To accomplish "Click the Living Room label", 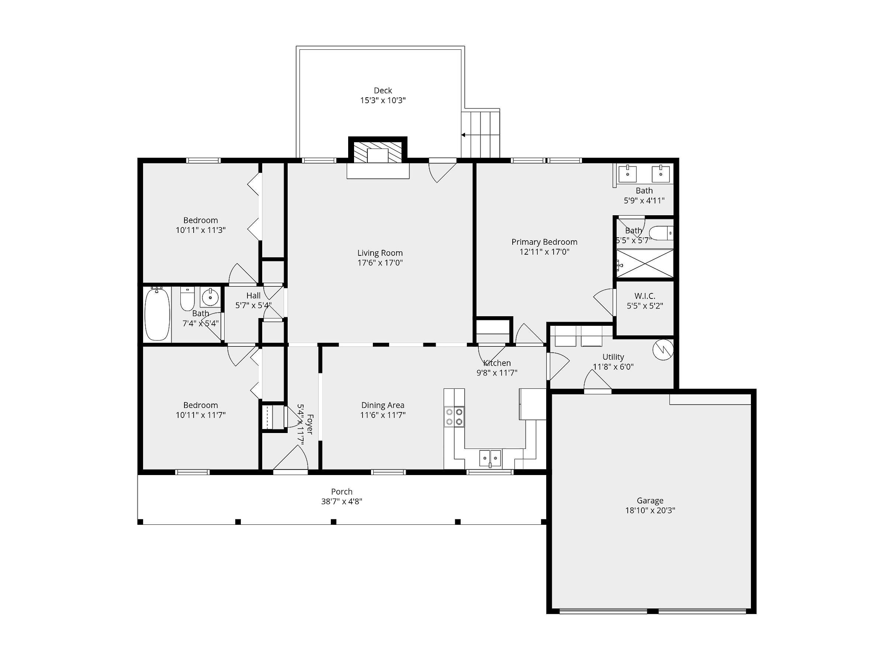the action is click(x=380, y=253).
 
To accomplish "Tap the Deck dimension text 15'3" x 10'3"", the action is click(x=383, y=100).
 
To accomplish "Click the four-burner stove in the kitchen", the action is click(x=454, y=416).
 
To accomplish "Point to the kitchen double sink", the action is click(x=490, y=458).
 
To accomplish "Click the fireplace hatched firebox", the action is click(x=378, y=152).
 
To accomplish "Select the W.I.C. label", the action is click(x=645, y=296).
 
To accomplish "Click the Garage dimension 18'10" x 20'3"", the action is click(x=650, y=510).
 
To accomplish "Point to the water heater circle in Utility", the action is click(x=663, y=349).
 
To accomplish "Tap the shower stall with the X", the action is click(x=645, y=263).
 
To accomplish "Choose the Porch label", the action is click(x=342, y=492).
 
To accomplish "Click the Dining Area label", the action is click(x=383, y=405).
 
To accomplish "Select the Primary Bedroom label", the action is click(x=544, y=242).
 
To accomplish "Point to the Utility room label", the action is click(x=613, y=357).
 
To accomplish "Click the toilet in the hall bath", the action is click(x=187, y=299).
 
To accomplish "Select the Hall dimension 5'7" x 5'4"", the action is click(x=253, y=305).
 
